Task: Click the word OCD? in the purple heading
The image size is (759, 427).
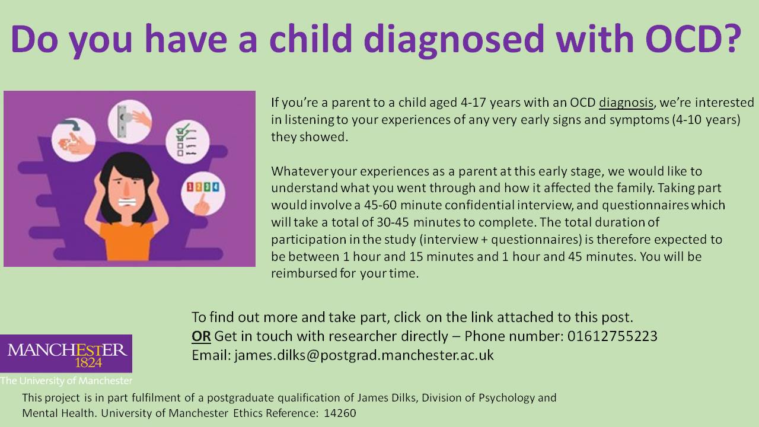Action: pos(694,39)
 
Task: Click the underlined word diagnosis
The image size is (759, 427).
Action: pos(626,103)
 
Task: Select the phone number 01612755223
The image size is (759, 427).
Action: pos(613,336)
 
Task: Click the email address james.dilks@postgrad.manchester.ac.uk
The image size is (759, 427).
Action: pos(364,355)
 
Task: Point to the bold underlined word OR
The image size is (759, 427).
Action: pos(201,336)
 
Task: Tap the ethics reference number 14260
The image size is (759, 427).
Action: pos(340,413)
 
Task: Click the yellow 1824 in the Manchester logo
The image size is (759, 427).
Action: pos(88,363)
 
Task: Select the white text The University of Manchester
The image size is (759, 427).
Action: pos(66,381)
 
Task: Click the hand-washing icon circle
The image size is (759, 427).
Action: pos(74,139)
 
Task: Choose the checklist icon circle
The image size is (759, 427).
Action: pos(187,142)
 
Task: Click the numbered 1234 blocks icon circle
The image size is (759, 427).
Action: pos(203,194)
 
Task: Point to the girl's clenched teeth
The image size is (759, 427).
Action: pos(127,203)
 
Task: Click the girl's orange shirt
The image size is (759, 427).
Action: pos(127,241)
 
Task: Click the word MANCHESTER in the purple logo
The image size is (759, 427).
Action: pos(67,350)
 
